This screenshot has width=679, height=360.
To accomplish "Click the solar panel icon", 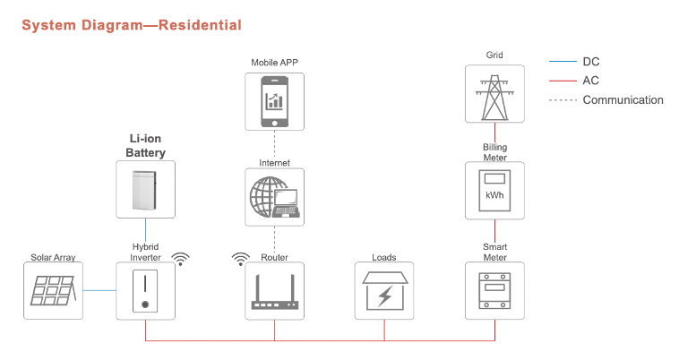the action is click(53, 290).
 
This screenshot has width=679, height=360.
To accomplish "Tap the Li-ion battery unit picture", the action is click(144, 190).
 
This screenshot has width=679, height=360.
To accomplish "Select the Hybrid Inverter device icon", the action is click(145, 291).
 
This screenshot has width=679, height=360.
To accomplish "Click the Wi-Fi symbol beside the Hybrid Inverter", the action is click(181, 259).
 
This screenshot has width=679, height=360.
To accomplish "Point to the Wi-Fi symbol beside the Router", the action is click(240, 259).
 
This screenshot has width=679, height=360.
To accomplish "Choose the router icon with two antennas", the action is click(274, 292).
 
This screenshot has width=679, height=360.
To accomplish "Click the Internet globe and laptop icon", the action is click(274, 197).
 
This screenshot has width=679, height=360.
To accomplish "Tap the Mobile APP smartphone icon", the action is click(274, 102).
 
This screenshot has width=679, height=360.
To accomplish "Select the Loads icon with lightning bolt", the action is click(384, 291).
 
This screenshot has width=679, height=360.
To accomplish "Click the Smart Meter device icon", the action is click(494, 291).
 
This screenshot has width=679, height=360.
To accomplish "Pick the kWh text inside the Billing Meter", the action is click(494, 195).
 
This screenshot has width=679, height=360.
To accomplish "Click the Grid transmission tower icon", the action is click(494, 98).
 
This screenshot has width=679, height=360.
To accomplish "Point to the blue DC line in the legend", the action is click(563, 62).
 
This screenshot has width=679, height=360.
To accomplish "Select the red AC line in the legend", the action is click(563, 81).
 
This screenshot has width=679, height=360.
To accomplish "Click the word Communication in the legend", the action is click(623, 100).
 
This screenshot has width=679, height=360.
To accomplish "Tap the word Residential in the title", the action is click(200, 25).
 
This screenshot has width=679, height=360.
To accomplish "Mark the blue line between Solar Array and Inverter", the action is click(99, 290).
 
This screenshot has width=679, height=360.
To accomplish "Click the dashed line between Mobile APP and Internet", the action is click(274, 144).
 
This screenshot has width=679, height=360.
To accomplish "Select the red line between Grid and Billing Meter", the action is click(494, 133).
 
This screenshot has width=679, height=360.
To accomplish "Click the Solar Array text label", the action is click(53, 257).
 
